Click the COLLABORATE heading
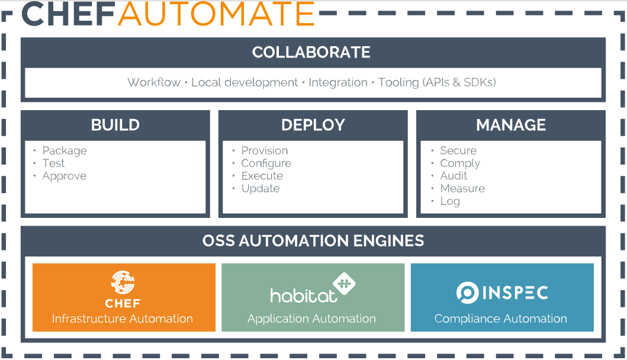[311, 52]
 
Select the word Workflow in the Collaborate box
[154, 82]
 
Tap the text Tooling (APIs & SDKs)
[437, 82]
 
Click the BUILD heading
[115, 125]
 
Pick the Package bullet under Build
[64, 151]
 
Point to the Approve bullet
[64, 176]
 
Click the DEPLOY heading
[313, 125]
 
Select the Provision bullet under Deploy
[264, 151]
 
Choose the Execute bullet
[262, 176]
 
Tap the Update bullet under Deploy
[260, 189]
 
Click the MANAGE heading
[511, 125]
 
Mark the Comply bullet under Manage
[459, 163]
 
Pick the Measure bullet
[462, 189]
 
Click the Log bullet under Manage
[449, 201]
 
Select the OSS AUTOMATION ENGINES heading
[313, 241]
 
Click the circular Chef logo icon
[123, 283]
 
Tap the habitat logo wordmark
[304, 295]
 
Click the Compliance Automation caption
[500, 319]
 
